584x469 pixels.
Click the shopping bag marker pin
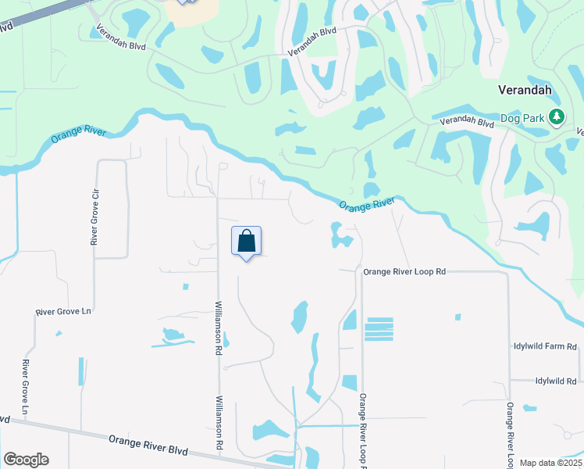pos(246,241)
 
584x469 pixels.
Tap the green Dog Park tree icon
pos(556,118)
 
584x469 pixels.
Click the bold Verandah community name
pos(525,90)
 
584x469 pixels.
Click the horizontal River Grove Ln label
pos(64,312)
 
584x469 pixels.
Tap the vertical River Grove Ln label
pos(25,387)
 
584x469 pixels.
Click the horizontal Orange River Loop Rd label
pos(404,271)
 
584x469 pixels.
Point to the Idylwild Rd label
pos(555,381)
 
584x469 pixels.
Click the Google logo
pos(26,460)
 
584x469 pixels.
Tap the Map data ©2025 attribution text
pos(550,463)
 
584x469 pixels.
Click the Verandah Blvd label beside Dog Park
pos(467,123)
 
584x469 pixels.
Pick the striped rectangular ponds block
pos(379,328)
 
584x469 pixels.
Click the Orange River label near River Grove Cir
pos(78,132)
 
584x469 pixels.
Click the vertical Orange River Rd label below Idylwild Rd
pos(509,434)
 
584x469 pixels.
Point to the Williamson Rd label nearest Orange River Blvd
pos(219,421)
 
